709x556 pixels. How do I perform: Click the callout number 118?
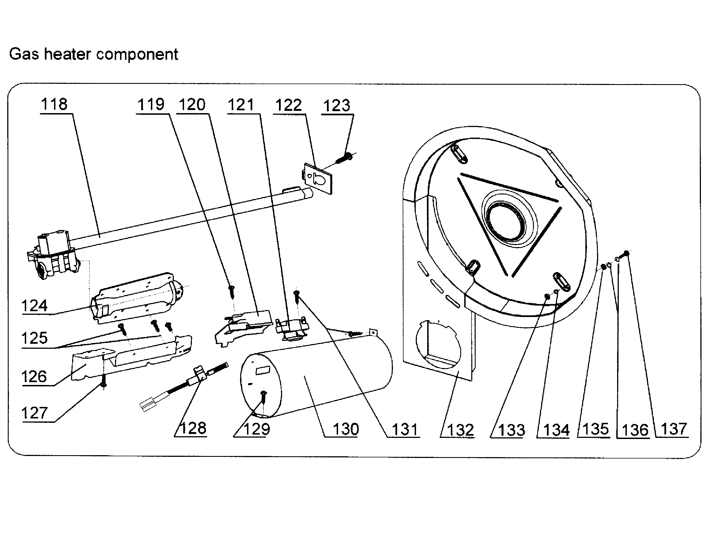click(54, 104)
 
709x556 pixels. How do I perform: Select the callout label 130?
click(346, 429)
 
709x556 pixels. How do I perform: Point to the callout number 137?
click(674, 429)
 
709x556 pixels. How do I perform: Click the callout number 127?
click(34, 413)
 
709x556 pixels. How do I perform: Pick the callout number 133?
click(512, 430)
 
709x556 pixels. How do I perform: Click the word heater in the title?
click(67, 54)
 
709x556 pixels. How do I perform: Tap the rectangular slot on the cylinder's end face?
click(263, 370)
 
